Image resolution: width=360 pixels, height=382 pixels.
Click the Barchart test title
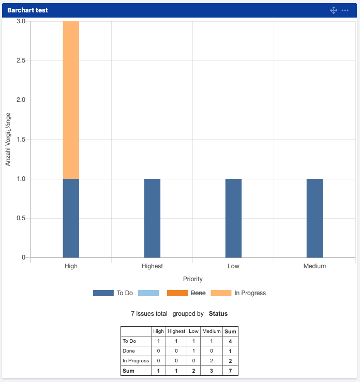[27, 10]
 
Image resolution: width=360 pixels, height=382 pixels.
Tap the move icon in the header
[334, 10]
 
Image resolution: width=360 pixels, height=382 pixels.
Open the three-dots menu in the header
[345, 10]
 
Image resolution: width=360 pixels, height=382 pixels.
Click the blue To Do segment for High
[71, 218]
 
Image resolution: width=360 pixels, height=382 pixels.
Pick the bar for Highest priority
[152, 218]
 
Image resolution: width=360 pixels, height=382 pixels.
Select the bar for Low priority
[233, 218]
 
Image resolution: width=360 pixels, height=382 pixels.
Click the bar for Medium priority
[314, 218]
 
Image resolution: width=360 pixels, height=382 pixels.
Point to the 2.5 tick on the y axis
[21, 61]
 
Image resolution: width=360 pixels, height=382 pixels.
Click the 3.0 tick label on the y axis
[21, 22]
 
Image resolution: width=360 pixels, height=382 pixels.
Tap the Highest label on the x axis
[152, 266]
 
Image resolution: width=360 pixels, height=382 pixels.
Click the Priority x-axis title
[193, 279]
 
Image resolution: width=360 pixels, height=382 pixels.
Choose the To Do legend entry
[113, 293]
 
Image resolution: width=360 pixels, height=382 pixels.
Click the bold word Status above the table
[218, 314]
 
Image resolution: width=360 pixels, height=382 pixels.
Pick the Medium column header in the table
[211, 331]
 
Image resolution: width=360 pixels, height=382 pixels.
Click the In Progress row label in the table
[136, 361]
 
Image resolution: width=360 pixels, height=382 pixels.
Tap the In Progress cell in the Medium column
[211, 361]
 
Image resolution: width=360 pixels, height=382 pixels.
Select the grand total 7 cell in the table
[230, 371]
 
